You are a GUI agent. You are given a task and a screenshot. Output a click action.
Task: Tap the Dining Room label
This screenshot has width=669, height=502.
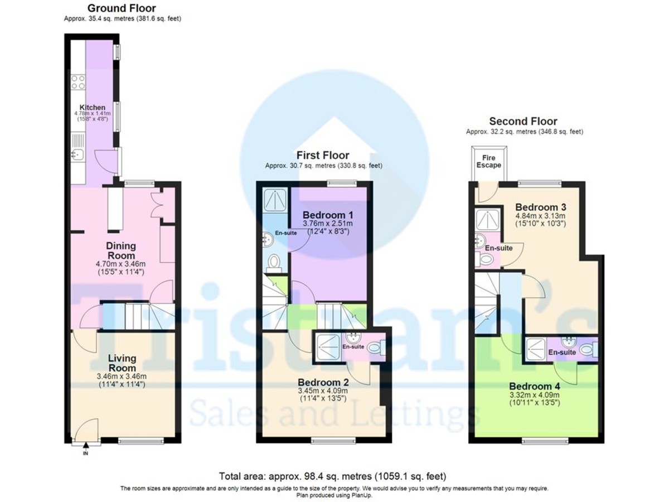pyautogui.click(x=122, y=250)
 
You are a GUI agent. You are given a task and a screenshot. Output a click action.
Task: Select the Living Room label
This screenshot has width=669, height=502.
pyautogui.click(x=122, y=363)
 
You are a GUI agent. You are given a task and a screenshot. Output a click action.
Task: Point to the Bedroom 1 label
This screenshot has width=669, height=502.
pyautogui.click(x=328, y=215)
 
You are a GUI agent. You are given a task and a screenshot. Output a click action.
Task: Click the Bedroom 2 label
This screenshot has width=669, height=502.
pyautogui.click(x=323, y=382)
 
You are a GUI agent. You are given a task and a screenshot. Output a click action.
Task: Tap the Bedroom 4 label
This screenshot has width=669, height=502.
pyautogui.click(x=535, y=386)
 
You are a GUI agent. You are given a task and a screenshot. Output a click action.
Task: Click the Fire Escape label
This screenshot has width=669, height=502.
pyautogui.click(x=488, y=162)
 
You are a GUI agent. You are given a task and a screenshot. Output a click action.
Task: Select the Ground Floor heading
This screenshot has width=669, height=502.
pyautogui.click(x=122, y=8)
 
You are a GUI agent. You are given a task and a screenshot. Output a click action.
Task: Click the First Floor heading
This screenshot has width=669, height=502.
pyautogui.click(x=323, y=156)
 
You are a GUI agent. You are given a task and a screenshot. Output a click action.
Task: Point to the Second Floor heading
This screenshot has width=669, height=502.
pyautogui.click(x=523, y=121)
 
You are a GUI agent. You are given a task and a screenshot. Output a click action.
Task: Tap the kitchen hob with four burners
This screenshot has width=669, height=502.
pyautogui.click(x=78, y=83)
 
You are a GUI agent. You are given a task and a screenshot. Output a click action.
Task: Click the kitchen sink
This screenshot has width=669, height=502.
pyautogui.click(x=77, y=155)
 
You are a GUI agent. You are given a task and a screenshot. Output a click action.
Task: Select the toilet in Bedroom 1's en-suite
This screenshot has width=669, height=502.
pyautogui.click(x=274, y=262)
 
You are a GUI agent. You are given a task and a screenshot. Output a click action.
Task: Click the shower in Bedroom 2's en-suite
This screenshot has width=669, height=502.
pyautogui.click(x=328, y=345)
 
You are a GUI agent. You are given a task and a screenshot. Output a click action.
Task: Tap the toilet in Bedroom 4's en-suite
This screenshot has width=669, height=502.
pyautogui.click(x=586, y=349)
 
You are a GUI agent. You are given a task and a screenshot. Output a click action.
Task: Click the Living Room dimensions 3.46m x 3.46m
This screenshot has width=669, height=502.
pyautogui.click(x=122, y=376)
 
